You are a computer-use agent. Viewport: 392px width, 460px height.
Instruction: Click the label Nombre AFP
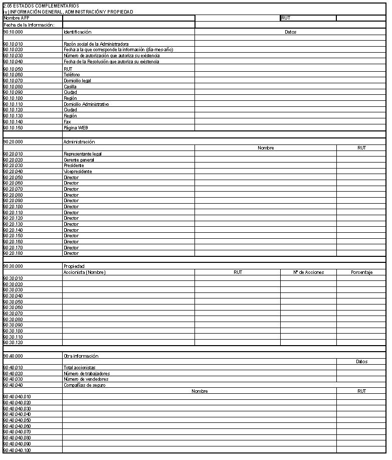[x=17, y=18]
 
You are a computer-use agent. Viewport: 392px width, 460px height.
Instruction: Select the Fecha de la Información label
[x=32, y=25]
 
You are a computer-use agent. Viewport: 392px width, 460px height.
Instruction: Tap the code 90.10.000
[x=13, y=32]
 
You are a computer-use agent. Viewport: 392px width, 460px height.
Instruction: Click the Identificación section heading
[x=77, y=32]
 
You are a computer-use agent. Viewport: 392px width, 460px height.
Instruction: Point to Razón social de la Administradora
[x=96, y=44]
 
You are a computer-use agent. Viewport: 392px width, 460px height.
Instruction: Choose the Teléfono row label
[x=72, y=75]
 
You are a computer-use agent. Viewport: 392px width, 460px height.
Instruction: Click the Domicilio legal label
[x=77, y=81]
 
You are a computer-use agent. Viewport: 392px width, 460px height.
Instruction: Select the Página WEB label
[x=76, y=128]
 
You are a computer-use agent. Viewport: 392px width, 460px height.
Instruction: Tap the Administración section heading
[x=79, y=142]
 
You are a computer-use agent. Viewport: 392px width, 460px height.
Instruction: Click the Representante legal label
[x=83, y=154]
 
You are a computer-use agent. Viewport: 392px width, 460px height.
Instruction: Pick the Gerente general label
[x=79, y=160]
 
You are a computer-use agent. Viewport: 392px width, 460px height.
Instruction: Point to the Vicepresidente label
[x=78, y=172]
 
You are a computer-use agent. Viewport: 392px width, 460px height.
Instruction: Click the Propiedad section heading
[x=74, y=266]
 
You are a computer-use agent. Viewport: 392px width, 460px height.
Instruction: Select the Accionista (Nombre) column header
[x=85, y=272]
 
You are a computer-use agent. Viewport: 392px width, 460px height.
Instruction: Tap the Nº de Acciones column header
[x=308, y=272]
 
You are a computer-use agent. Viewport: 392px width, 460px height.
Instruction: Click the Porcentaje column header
[x=361, y=272]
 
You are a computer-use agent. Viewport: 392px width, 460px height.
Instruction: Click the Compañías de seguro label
[x=84, y=385]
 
